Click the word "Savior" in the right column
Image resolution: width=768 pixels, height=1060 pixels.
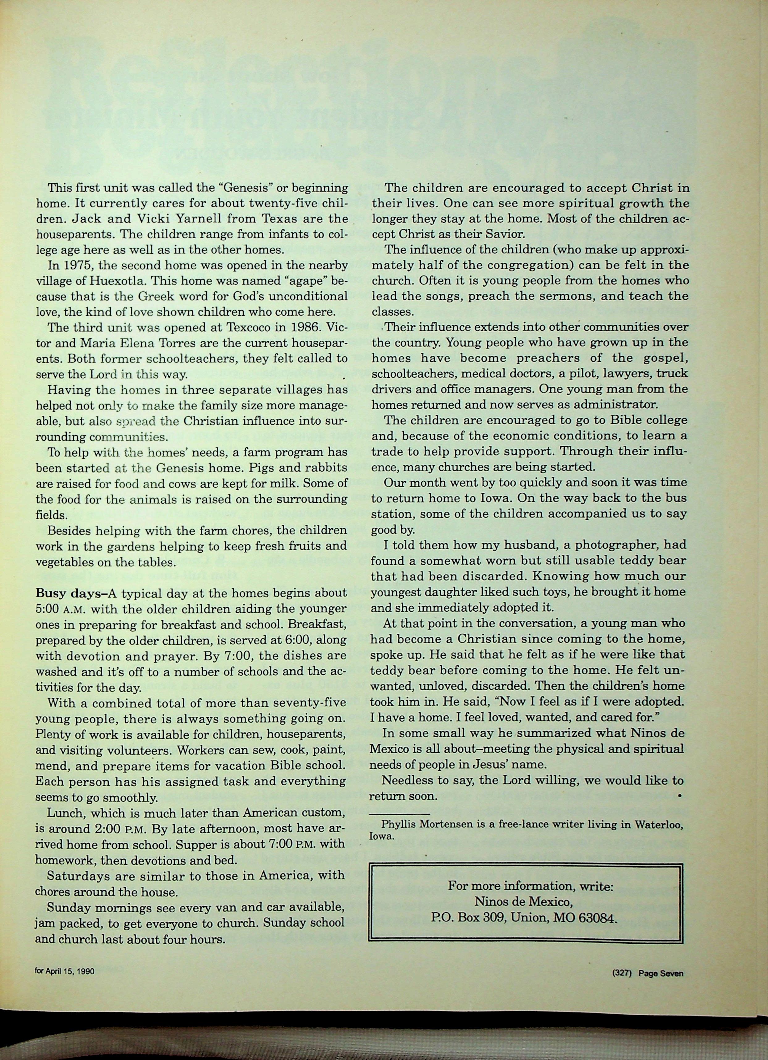point(509,234)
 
